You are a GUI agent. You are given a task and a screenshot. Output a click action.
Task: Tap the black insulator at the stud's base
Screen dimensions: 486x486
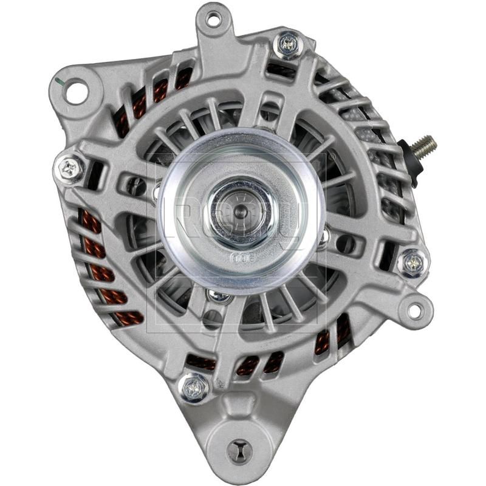coord(408,156)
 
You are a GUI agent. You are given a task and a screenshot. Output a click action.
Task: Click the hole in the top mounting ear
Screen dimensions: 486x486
coord(213,19)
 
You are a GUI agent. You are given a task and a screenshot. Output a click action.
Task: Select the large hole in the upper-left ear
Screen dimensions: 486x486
coord(76,92)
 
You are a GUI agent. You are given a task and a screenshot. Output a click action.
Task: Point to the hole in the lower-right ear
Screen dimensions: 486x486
coord(415,310)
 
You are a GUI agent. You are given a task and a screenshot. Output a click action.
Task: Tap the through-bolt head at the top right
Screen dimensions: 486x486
coord(288,43)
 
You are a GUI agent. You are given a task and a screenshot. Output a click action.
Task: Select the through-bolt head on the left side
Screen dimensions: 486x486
coord(71,168)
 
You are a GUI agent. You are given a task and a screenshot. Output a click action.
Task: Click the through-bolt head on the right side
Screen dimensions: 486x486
coord(414,262)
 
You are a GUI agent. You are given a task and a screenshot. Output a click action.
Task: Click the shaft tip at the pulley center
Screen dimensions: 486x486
coord(241,211)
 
